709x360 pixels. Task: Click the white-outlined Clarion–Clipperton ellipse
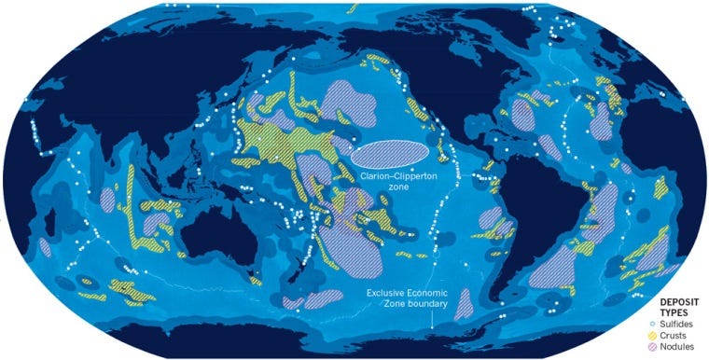(391, 152)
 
